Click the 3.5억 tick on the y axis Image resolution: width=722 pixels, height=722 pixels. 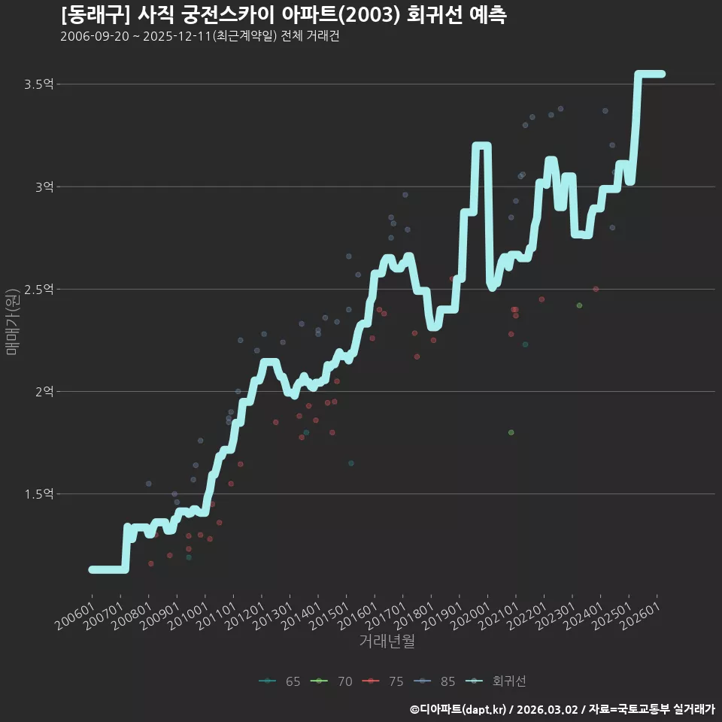click(38, 83)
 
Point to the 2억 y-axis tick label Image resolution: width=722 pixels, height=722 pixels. click(44, 391)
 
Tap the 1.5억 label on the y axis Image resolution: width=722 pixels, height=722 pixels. click(38, 494)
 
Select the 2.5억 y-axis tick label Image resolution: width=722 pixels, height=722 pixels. click(38, 289)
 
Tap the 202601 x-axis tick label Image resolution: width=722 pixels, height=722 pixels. click(639, 617)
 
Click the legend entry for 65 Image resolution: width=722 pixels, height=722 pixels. click(280, 681)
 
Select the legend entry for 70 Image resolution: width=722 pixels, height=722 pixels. click(332, 681)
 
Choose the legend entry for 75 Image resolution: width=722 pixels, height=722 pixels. click(383, 681)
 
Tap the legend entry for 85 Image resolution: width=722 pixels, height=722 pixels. click(435, 681)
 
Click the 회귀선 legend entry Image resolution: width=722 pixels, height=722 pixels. click(496, 681)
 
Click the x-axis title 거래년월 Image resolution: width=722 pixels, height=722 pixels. click(387, 641)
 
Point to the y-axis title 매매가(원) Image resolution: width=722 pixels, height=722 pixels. click(11, 322)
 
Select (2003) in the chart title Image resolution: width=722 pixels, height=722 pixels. click(372, 15)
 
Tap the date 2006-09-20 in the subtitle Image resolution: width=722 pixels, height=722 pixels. click(95, 36)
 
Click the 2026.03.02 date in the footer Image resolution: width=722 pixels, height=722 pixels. click(547, 709)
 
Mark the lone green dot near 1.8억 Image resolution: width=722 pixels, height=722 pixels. click(511, 432)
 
